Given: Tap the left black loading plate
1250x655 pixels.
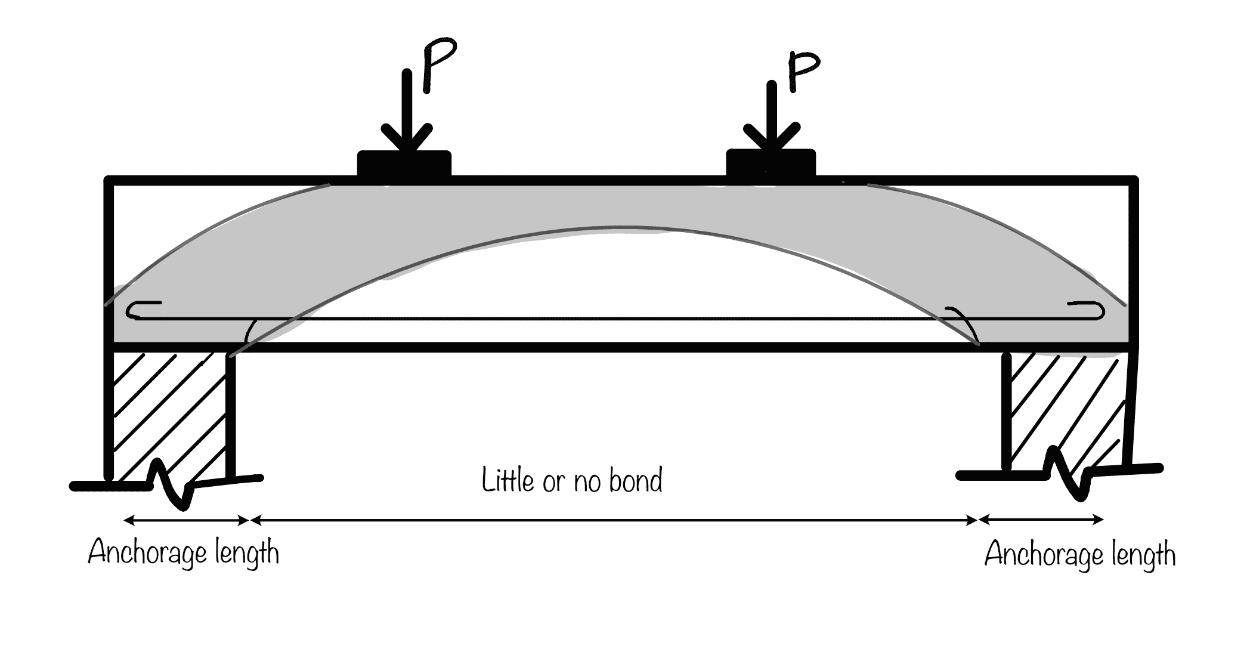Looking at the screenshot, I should pos(404,163).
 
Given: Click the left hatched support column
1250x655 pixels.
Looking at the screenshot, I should pos(170,412).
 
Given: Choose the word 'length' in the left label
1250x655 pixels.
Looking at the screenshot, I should pos(247,553).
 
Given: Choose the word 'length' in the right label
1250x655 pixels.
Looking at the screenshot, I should pos(1143,555).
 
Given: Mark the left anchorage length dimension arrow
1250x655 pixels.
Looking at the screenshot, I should pos(186,521).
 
